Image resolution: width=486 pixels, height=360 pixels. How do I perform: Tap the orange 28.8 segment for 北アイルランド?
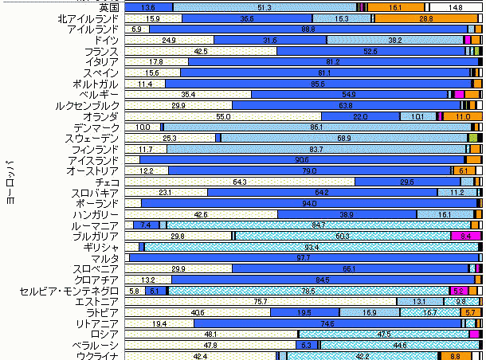tap(425, 18)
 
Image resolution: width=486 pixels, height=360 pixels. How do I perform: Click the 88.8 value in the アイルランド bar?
tap(308, 29)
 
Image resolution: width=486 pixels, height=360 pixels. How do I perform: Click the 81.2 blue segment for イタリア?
tap(333, 61)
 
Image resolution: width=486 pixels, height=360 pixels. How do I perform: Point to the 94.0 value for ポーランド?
tap(309, 204)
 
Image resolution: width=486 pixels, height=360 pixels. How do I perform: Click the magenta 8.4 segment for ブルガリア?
tap(465, 237)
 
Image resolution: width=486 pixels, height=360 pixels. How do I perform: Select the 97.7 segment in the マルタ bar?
tap(303, 258)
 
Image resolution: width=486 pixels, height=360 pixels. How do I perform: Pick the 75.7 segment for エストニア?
tap(261, 302)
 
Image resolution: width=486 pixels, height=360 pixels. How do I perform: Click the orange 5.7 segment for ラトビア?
tap(470, 313)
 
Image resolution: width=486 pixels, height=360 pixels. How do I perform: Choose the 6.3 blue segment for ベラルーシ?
tap(306, 346)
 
